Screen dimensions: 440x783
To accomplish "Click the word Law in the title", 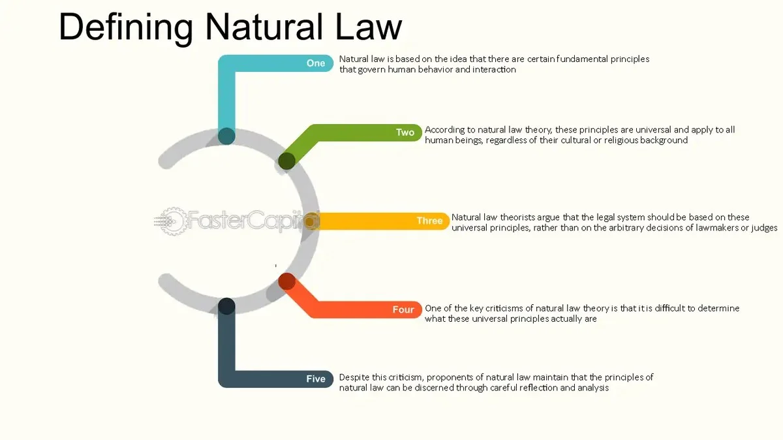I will [x=371, y=27].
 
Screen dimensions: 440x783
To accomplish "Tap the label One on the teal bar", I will [x=316, y=63].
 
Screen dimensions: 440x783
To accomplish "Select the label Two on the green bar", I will [x=405, y=133].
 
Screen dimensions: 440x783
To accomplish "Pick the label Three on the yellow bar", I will [x=429, y=221].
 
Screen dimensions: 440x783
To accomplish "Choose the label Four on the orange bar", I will [x=403, y=309].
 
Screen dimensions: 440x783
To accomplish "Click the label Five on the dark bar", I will [x=316, y=379].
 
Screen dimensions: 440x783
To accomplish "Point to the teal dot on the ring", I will [x=226, y=136].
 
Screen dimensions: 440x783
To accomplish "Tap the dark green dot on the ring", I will [x=286, y=161].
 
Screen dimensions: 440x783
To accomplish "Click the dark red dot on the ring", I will [x=286, y=281].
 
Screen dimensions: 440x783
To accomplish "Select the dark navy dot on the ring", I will [x=226, y=306].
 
